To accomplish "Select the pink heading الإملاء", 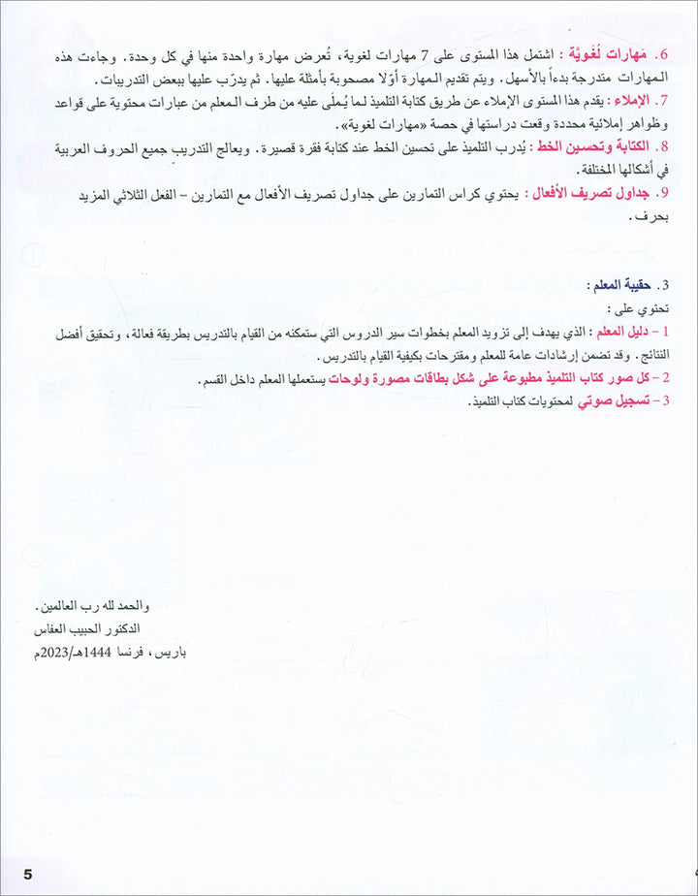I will tap(630, 100).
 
